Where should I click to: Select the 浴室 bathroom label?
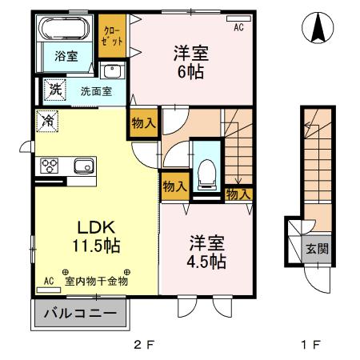point(65,57)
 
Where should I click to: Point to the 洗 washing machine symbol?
point(54,89)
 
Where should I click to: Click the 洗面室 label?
point(96,90)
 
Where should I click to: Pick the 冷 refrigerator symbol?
point(48,122)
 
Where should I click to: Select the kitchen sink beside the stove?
point(84,166)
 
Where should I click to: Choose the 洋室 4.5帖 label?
point(207,250)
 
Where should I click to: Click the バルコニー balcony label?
point(80,313)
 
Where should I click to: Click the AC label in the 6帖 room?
point(238,26)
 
